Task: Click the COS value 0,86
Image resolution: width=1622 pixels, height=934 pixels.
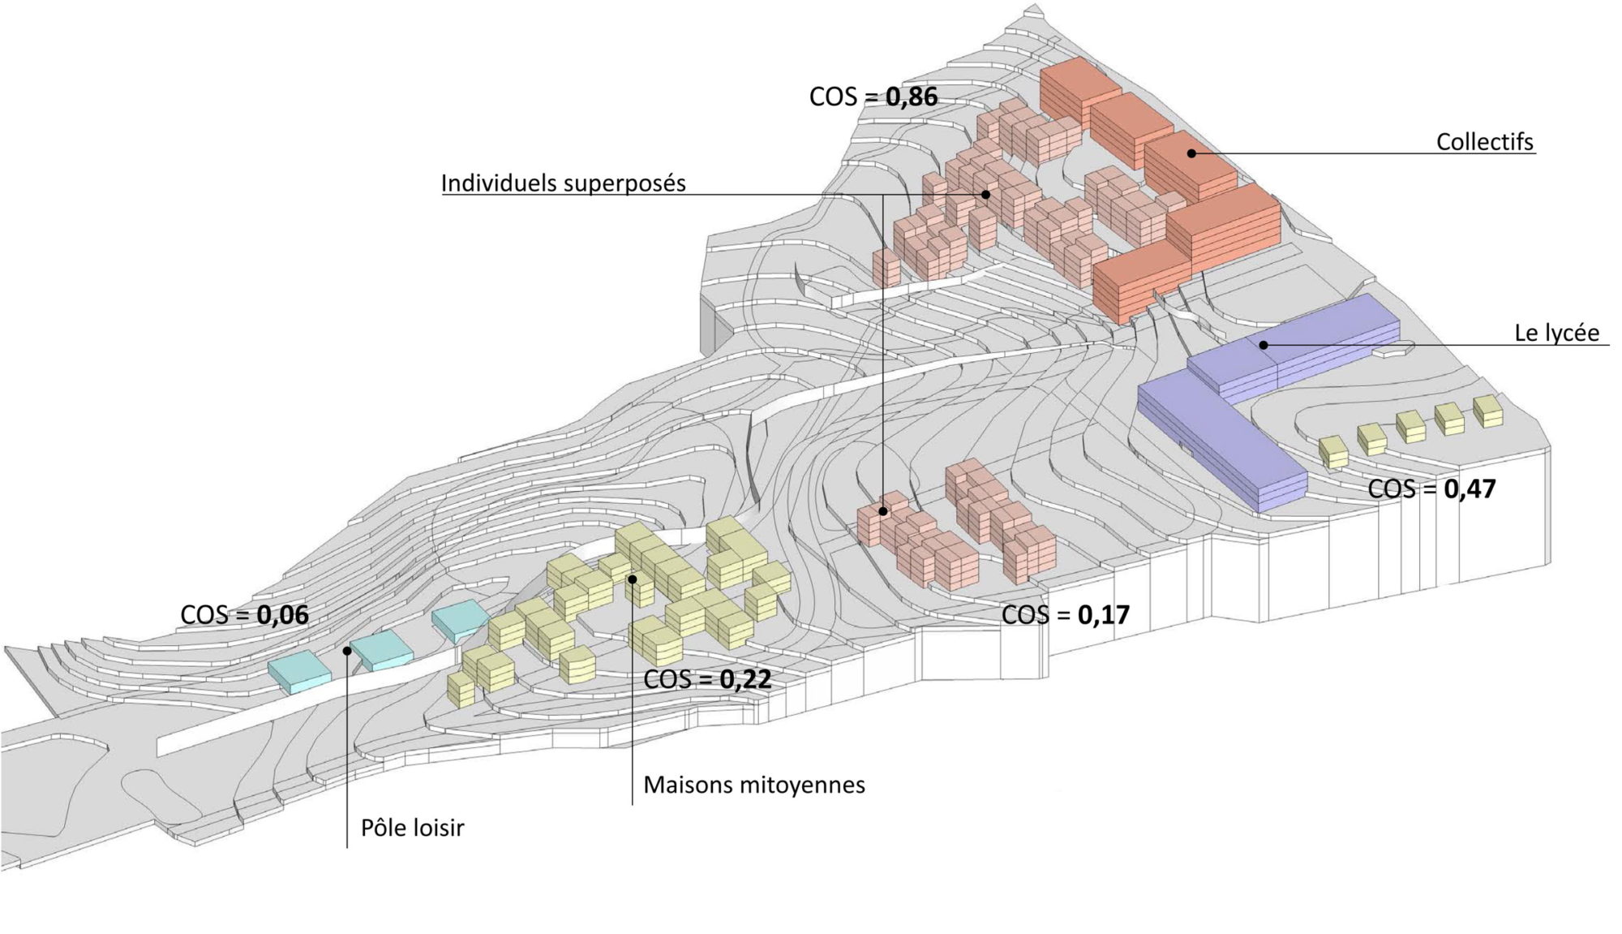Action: coord(911,97)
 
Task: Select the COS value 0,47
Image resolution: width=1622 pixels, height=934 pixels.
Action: coord(1469,489)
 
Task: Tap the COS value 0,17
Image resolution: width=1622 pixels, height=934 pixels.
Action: coord(1103,615)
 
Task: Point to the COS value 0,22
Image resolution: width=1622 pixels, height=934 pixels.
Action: coord(745,679)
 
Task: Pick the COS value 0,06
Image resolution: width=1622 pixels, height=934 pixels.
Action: coord(282,615)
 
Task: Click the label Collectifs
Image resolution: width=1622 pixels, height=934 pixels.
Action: coord(1484,142)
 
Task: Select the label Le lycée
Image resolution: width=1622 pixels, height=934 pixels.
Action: coord(1556,333)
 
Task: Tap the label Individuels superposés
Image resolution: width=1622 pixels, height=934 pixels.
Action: coord(563,183)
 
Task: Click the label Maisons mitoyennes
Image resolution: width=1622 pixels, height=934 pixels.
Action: coord(753,785)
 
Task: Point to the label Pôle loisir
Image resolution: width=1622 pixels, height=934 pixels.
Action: coord(412,828)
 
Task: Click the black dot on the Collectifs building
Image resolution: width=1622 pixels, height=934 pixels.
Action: coord(1191,153)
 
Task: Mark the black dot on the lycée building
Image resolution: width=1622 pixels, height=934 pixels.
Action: coord(1264,345)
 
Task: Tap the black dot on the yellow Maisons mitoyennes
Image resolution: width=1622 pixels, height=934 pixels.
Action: coord(632,579)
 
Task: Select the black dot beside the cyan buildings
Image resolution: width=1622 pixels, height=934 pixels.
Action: coord(347,650)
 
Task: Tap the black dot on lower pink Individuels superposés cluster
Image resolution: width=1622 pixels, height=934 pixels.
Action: coord(883,511)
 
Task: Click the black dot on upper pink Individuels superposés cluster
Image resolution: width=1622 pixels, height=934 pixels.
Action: coord(985,194)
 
